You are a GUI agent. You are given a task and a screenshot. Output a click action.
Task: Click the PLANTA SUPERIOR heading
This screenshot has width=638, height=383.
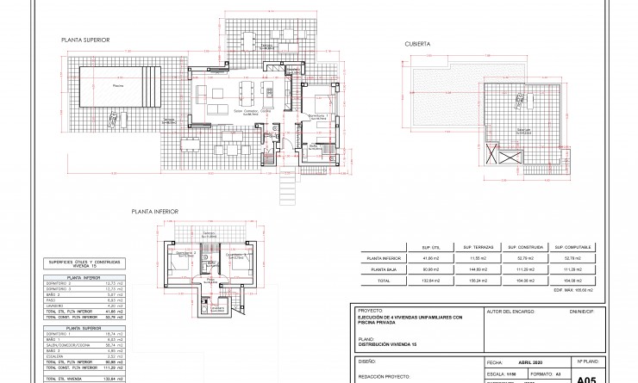tap(84, 40)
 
